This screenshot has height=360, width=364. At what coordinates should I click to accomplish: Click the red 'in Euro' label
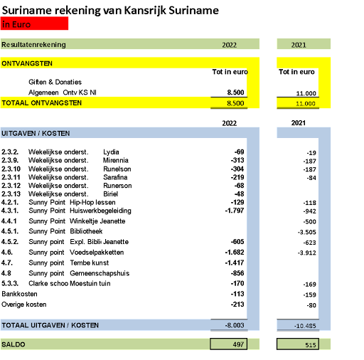point(16,24)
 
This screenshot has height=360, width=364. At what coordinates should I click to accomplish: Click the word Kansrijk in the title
point(145,11)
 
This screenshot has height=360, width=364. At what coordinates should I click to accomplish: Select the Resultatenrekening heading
point(33,45)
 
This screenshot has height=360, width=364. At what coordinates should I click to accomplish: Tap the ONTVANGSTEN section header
point(27,63)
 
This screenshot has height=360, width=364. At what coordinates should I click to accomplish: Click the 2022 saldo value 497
point(238,344)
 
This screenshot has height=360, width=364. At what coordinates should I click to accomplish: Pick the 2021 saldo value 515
point(311,345)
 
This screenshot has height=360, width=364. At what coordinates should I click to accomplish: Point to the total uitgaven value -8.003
point(235,325)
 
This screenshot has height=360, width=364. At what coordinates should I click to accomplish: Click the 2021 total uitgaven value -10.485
point(305,326)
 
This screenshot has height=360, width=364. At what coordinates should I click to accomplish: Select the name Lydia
point(111,152)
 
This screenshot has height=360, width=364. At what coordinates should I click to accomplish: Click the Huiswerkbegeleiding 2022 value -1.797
point(235,211)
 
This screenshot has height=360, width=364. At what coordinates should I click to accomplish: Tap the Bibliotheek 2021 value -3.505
point(307,232)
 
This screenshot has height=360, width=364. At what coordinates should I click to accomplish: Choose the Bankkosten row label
point(19,294)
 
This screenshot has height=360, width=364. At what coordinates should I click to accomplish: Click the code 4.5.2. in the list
point(10,242)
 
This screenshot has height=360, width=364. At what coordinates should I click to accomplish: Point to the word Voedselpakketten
point(97,252)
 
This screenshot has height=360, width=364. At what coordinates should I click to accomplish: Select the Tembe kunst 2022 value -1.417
point(235,263)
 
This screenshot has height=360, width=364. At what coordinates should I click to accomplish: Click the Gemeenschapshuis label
point(100,273)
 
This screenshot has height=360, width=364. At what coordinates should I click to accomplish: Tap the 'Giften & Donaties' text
point(55,82)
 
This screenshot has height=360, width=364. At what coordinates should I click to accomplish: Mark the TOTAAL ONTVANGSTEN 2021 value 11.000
point(306,104)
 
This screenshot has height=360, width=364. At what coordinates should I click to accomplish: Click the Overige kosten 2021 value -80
point(311,305)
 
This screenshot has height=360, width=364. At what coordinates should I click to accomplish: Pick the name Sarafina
point(115,177)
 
